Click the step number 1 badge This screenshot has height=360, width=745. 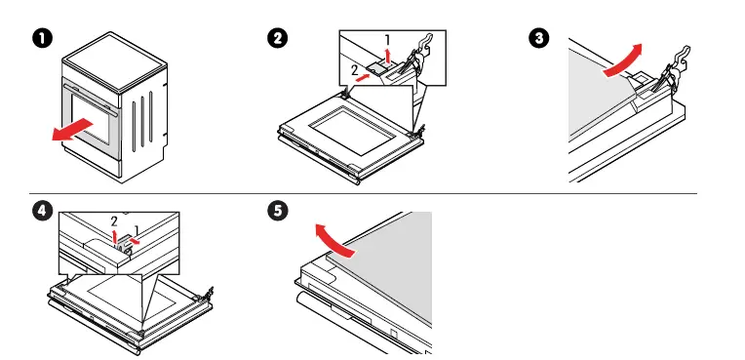coord(40,39)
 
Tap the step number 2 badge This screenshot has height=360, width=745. coord(278,39)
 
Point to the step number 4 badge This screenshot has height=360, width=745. coord(40,213)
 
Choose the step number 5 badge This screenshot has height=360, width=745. coord(278,213)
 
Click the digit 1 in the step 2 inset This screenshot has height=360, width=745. coord(387,40)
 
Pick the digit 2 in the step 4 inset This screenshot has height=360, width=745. coord(114,221)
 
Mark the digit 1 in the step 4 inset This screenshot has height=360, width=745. coord(137,230)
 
